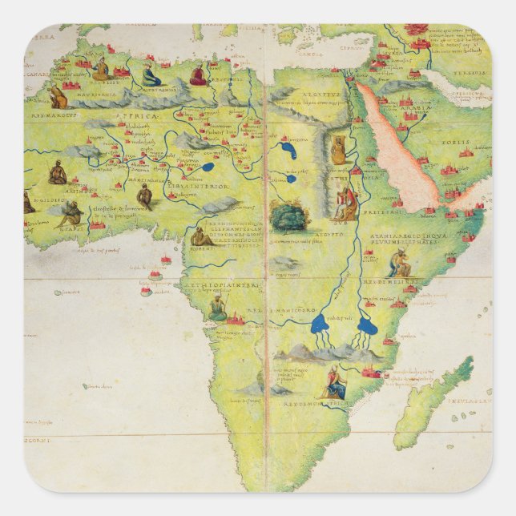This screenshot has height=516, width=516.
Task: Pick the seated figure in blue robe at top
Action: coord(151,76)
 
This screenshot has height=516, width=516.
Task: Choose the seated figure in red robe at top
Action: coord(198,75)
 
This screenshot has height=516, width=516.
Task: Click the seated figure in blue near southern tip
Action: coord(334,384)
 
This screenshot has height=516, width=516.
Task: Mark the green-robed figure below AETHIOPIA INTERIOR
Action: coord(217,307)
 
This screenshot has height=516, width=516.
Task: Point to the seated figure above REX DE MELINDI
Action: coord(400,261)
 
